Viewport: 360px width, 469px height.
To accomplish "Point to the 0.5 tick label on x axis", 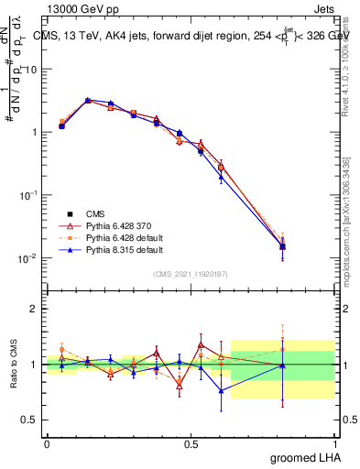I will (191, 442).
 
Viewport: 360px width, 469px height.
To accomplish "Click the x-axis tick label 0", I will (47, 442).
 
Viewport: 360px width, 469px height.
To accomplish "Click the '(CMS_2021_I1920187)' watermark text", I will (191, 273).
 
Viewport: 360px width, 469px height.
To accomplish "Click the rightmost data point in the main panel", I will (283, 245).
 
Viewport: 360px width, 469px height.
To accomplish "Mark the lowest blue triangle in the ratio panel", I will (221, 391).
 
